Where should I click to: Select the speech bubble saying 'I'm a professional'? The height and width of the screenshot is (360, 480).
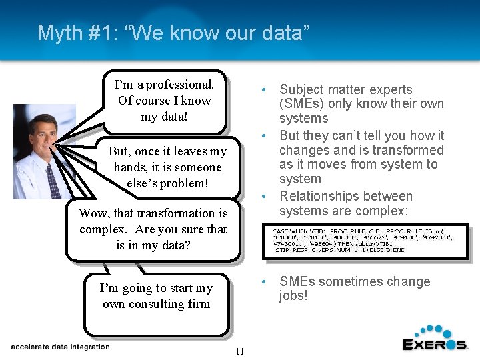click(164, 101)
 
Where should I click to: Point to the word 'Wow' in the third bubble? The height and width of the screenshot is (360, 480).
click(92, 213)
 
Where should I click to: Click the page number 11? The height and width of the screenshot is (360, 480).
click(240, 351)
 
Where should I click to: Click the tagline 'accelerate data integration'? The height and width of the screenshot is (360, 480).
click(60, 347)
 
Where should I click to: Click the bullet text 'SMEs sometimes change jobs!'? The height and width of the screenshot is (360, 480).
click(354, 288)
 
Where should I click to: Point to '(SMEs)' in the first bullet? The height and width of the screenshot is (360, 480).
click(300, 104)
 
